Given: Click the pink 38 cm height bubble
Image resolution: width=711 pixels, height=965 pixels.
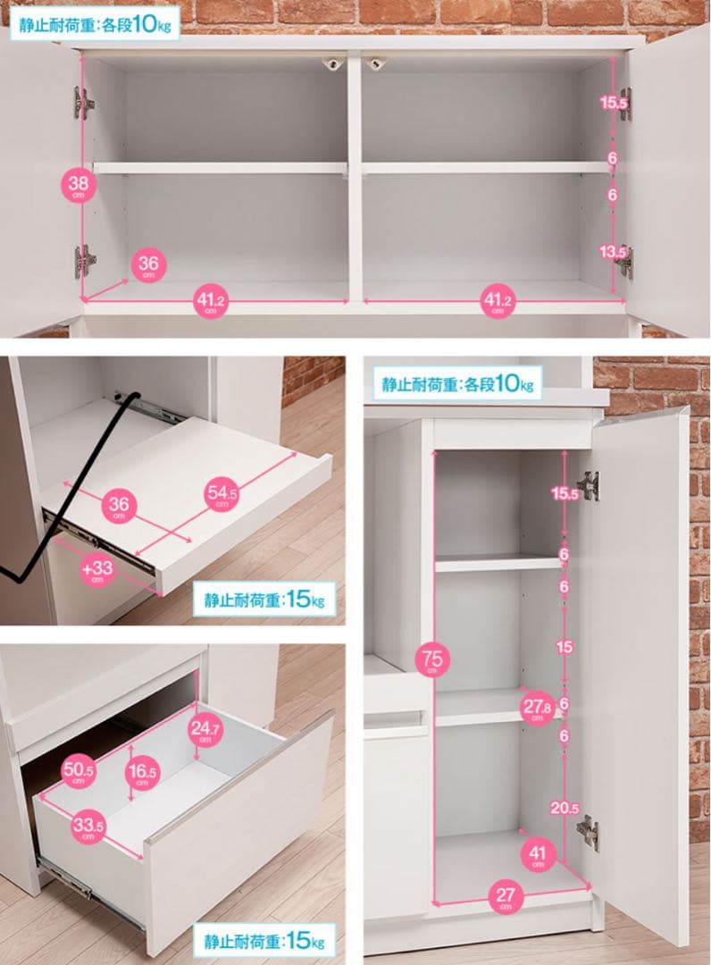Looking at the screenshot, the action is pyautogui.click(x=78, y=184).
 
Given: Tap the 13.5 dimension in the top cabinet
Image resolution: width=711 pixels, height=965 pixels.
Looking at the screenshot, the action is pyautogui.click(x=613, y=252).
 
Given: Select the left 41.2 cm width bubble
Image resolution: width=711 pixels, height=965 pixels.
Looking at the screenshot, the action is pyautogui.click(x=211, y=302).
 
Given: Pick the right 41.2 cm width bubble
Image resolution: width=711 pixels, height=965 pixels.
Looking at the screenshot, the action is pyautogui.click(x=498, y=301).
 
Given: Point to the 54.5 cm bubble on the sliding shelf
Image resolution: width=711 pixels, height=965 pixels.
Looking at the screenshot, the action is pyautogui.click(x=222, y=493).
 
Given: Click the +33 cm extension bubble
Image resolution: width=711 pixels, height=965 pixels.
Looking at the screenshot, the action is pyautogui.click(x=97, y=570).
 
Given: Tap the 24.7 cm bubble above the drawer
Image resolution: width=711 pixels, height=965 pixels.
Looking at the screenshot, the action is pyautogui.click(x=205, y=731).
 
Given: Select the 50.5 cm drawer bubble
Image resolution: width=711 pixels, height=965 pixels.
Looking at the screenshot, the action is pyautogui.click(x=78, y=772).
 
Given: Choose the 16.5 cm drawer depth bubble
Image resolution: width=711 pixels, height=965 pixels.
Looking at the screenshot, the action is pyautogui.click(x=143, y=773).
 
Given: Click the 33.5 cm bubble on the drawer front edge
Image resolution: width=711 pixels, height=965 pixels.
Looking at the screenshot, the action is pyautogui.click(x=88, y=827).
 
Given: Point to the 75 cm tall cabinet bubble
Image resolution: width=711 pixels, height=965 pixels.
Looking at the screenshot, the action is pyautogui.click(x=431, y=660).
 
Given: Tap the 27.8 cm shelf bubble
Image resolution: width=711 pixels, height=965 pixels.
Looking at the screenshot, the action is pyautogui.click(x=536, y=708).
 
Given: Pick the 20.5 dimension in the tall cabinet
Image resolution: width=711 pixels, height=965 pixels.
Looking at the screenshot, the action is pyautogui.click(x=564, y=808).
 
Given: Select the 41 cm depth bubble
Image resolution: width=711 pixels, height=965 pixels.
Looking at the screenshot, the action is pyautogui.click(x=537, y=855).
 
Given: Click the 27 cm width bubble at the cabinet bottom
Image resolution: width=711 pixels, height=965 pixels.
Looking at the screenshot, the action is pyautogui.click(x=506, y=896).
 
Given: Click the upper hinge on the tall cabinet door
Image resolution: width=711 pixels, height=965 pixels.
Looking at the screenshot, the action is pyautogui.click(x=589, y=486).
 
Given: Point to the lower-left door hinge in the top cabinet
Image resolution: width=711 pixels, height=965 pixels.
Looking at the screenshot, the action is pyautogui.click(x=85, y=262).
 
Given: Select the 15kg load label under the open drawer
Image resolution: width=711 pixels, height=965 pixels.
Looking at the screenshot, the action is pyautogui.click(x=264, y=941).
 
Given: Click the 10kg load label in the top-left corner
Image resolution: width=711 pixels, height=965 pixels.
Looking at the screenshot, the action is pyautogui.click(x=95, y=24).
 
